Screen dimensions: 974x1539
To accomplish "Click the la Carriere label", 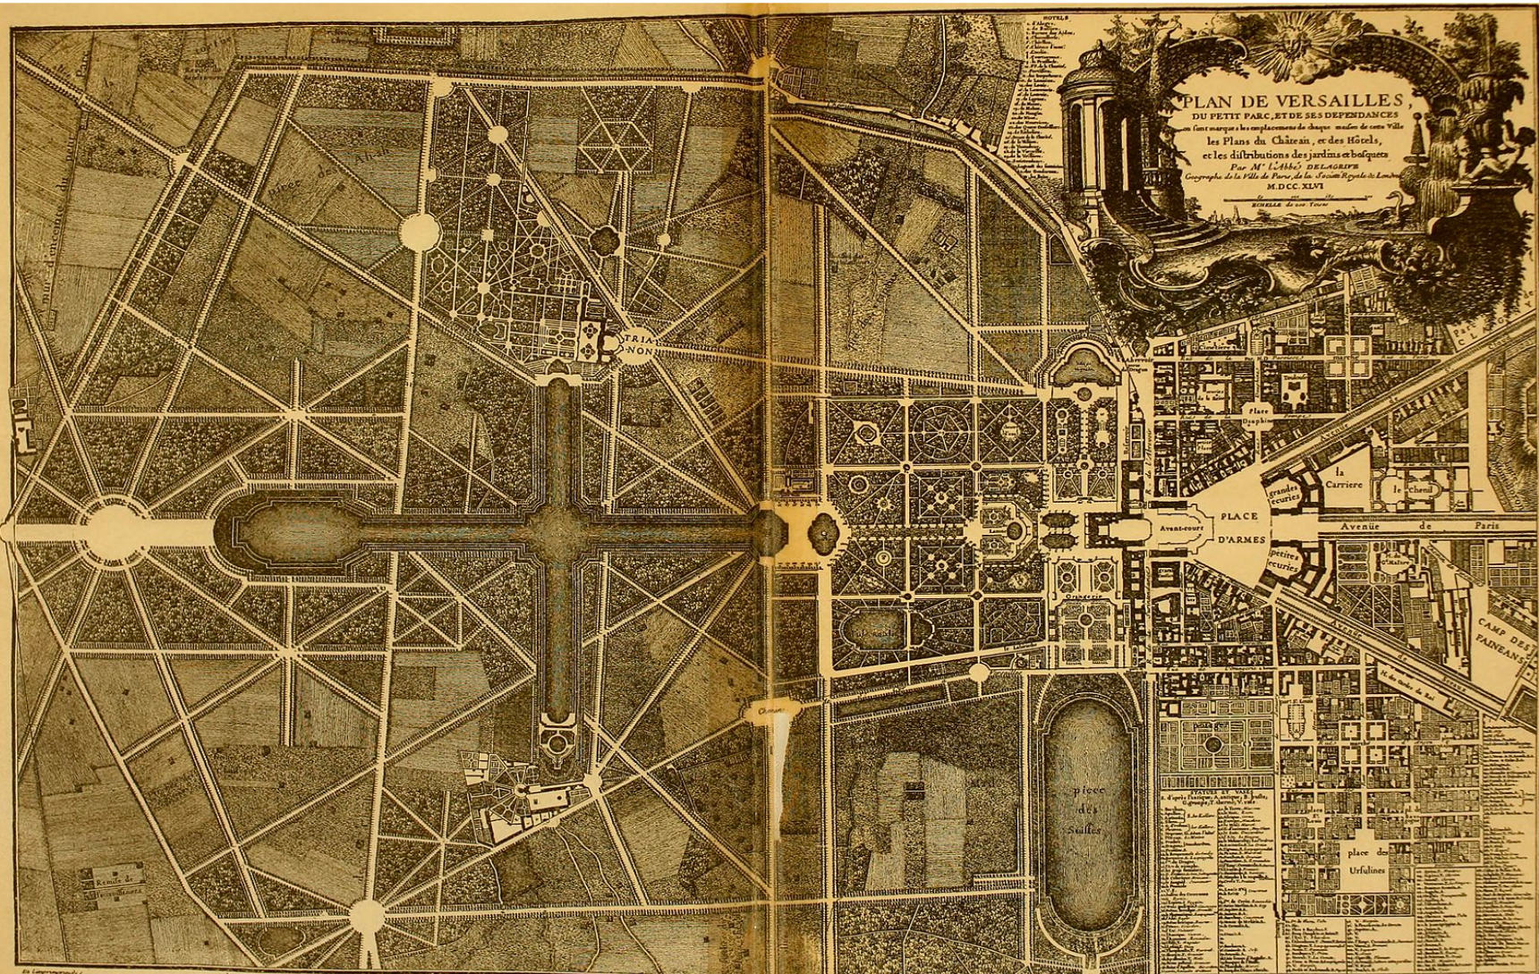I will click(x=1343, y=479).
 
